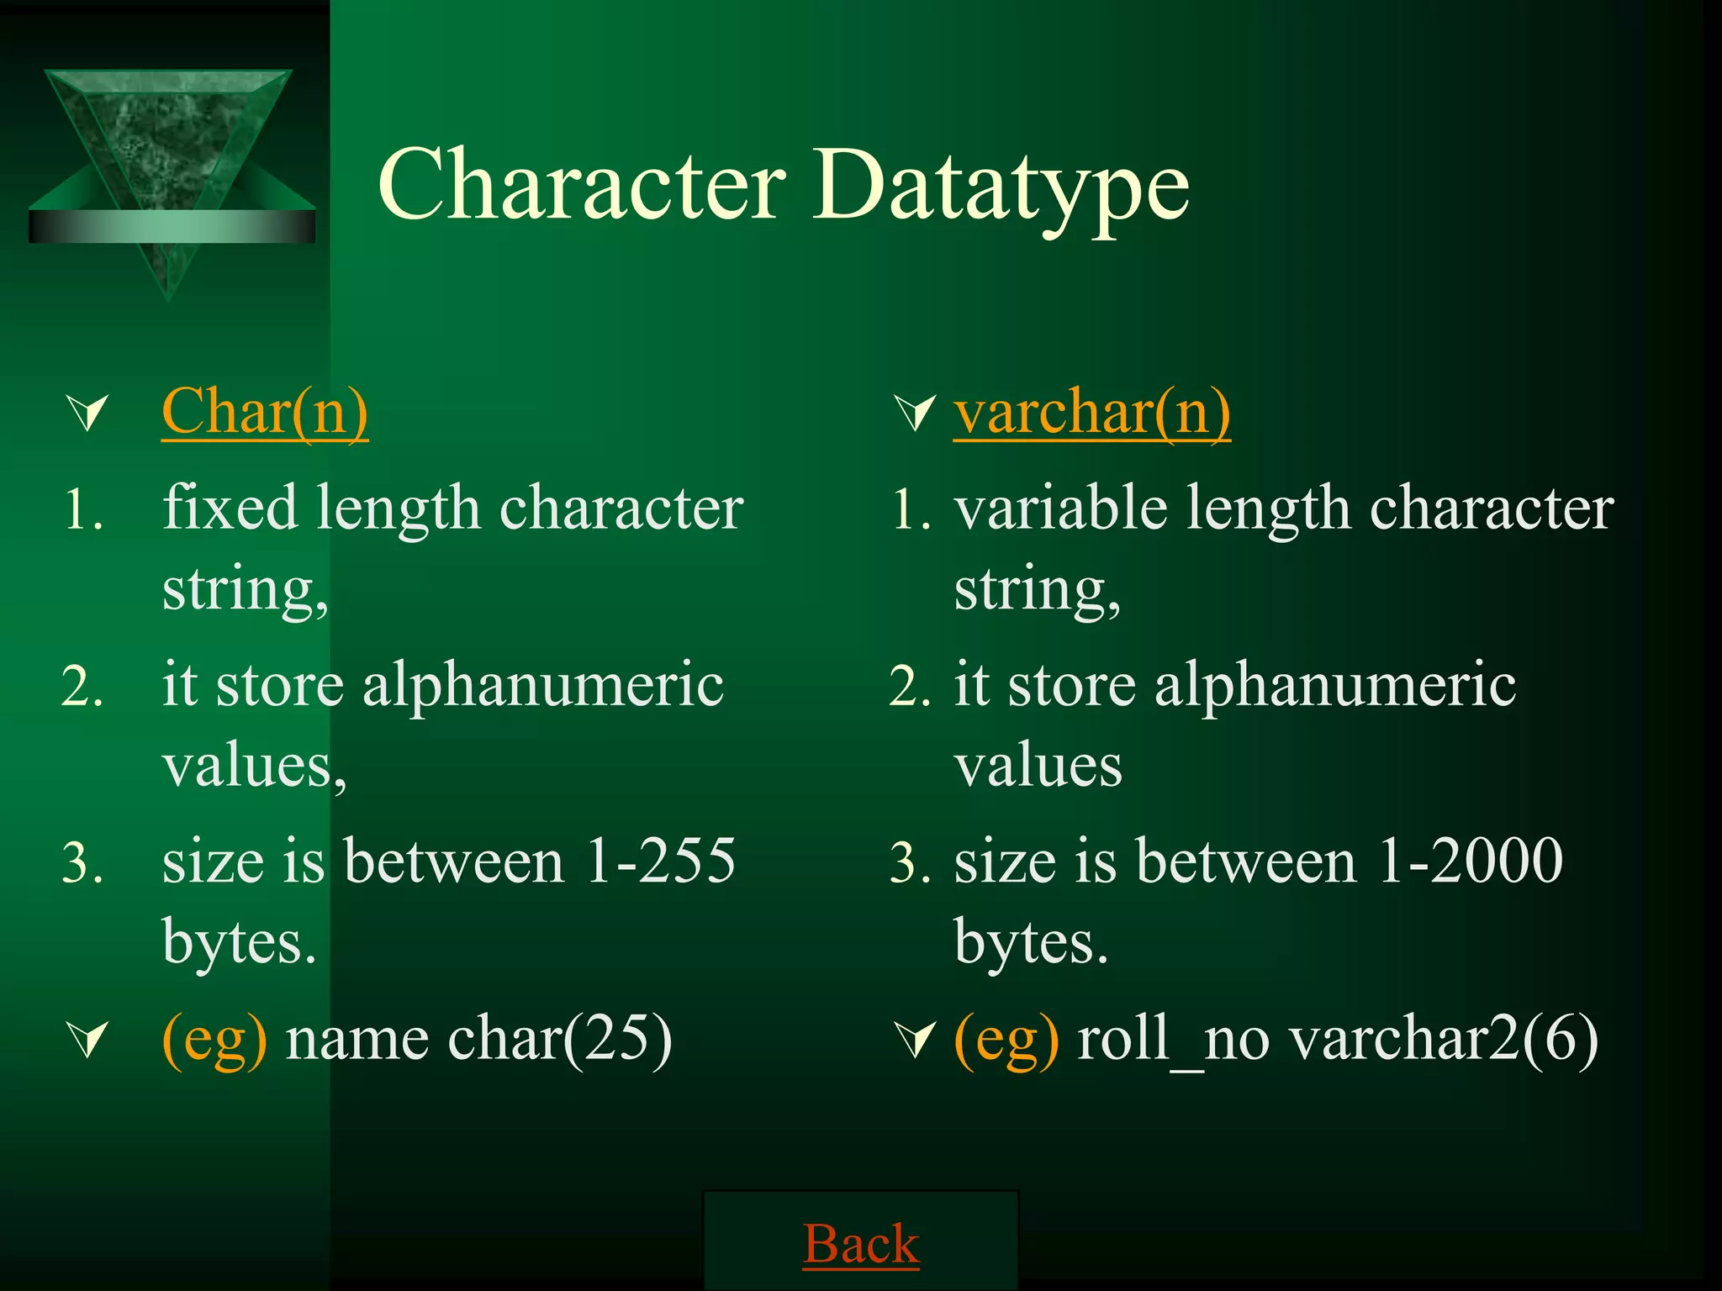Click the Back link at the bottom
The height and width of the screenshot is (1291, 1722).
point(861,1244)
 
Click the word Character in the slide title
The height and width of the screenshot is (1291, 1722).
point(582,185)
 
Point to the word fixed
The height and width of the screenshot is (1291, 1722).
point(230,508)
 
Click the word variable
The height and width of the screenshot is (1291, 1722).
point(1059,508)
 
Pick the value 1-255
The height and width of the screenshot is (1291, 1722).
point(660,861)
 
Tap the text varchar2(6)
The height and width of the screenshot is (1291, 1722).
point(1444,1039)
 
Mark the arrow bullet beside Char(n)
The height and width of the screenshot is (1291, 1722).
point(88,414)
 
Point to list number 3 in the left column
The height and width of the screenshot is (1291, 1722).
point(82,862)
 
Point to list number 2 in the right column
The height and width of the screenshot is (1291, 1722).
point(910,686)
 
